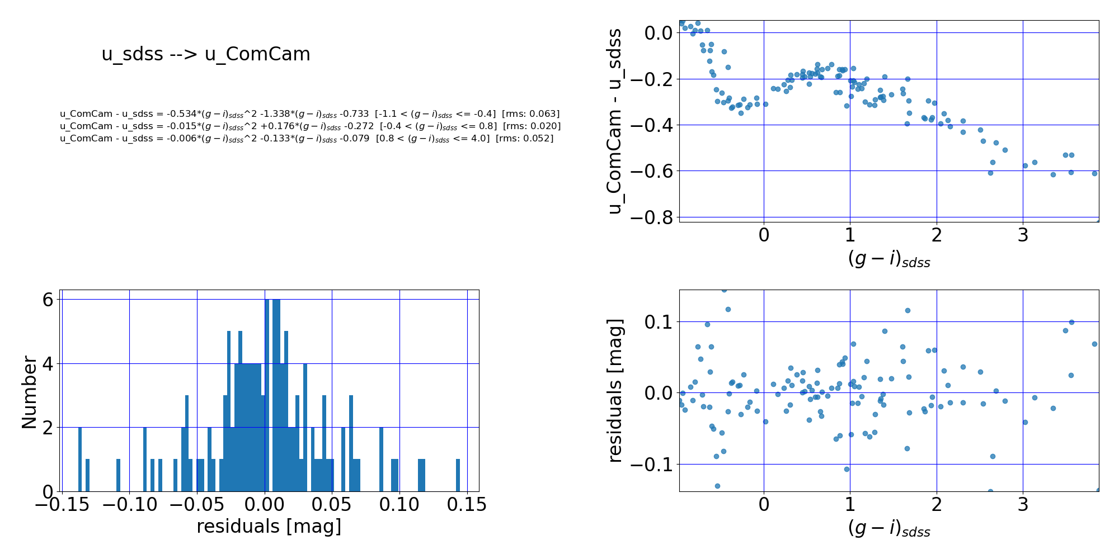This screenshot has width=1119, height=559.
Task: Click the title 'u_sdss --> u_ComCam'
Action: [x=206, y=54]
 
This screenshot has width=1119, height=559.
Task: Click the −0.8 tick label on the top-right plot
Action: [x=651, y=217]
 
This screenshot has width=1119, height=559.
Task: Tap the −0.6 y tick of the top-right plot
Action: [x=651, y=171]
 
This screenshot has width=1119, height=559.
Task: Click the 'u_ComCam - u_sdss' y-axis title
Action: [x=614, y=121]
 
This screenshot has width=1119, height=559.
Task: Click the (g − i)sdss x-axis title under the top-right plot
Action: [x=889, y=259]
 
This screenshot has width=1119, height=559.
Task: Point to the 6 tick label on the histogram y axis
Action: [x=48, y=300]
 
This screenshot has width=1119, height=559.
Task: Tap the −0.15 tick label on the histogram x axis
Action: [x=62, y=505]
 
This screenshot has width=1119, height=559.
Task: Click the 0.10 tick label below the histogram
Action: [x=399, y=505]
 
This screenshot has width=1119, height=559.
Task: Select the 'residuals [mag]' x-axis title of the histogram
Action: [x=269, y=527]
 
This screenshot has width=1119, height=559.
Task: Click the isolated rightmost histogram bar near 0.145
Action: [x=458, y=475]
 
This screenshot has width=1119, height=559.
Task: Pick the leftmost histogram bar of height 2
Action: [x=80, y=459]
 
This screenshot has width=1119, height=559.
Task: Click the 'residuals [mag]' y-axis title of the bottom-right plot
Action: [x=614, y=391]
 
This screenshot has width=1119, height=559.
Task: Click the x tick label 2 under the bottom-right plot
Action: [x=937, y=505]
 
